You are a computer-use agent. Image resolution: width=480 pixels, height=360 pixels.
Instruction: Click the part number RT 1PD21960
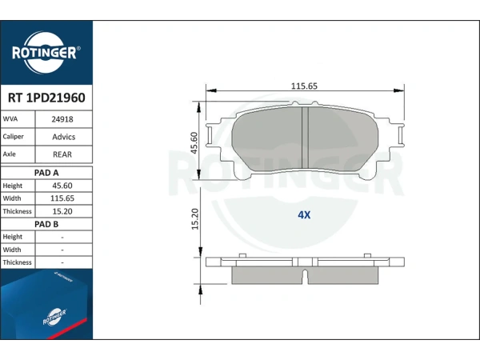46,98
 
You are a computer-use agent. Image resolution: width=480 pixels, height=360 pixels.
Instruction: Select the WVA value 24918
62,119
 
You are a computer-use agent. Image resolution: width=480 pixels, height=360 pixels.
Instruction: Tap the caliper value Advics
64,137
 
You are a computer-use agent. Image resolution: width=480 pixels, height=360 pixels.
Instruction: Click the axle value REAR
62,154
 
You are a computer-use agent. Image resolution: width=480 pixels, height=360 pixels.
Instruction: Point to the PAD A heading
46,173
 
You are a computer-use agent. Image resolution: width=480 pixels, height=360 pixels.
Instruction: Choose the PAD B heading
46,224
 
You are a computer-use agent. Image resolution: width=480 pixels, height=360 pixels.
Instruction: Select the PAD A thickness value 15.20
62,211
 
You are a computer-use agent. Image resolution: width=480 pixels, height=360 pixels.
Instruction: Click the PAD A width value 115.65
62,198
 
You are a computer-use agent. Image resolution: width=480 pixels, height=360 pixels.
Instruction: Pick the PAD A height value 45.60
62,186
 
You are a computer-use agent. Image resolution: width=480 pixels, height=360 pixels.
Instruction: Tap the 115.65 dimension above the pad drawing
304,86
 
